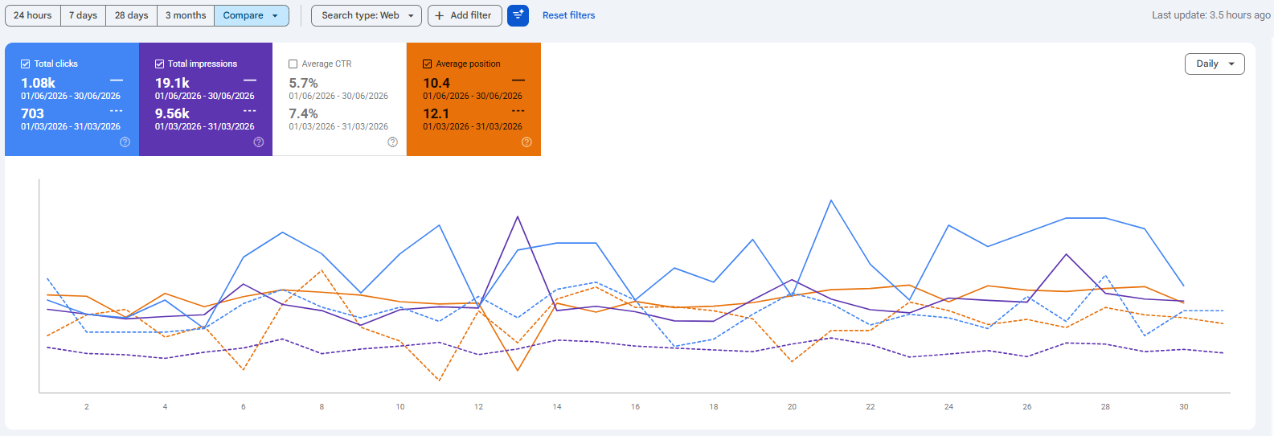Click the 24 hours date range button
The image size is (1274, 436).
[x=32, y=15]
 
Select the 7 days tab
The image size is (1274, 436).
[x=83, y=15]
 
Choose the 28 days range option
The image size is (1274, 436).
[x=131, y=15]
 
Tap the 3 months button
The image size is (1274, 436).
[x=186, y=15]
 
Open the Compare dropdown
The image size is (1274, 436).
[x=252, y=15]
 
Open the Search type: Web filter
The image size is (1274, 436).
[x=367, y=15]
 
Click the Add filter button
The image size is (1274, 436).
[x=465, y=15]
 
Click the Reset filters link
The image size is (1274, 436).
[x=569, y=15]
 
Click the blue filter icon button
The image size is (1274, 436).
[x=518, y=15]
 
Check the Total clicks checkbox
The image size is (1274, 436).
[x=25, y=64]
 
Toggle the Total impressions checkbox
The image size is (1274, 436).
[x=159, y=64]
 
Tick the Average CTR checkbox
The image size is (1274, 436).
[x=293, y=64]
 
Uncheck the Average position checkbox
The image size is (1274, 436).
[x=427, y=64]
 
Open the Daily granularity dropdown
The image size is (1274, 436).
[x=1215, y=64]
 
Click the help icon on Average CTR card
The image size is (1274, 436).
[x=392, y=142]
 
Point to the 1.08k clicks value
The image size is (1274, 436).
[x=38, y=83]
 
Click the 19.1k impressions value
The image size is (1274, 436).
[x=172, y=83]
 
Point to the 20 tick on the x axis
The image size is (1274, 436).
[x=792, y=407]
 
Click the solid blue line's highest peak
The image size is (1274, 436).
[x=831, y=200]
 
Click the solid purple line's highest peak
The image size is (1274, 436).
[x=518, y=216]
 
